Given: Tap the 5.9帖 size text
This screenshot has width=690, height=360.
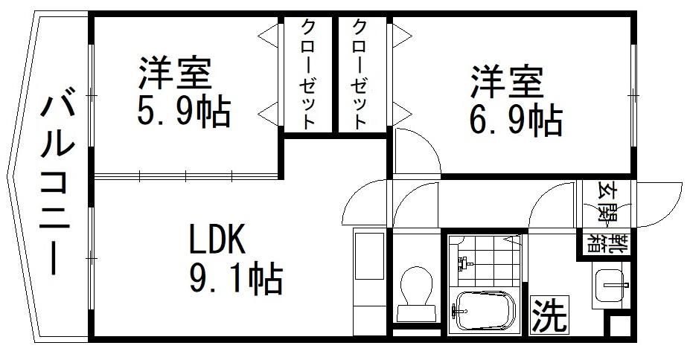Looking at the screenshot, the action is click(x=184, y=112).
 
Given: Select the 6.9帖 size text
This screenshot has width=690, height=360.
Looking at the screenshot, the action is click(x=516, y=120).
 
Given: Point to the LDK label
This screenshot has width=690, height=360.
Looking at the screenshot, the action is click(x=217, y=239).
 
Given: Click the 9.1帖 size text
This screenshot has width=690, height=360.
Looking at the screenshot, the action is click(x=236, y=278).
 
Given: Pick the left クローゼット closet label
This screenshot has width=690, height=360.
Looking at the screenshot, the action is click(x=307, y=74).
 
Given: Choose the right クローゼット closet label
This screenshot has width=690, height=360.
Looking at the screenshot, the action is click(x=360, y=74).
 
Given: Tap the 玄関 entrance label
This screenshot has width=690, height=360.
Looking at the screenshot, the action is click(x=607, y=203).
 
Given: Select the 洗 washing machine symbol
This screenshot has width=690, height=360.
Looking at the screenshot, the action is click(x=549, y=315).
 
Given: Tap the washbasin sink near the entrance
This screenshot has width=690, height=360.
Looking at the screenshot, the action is click(x=610, y=285).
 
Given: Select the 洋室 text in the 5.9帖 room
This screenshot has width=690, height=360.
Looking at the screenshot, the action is click(x=175, y=73).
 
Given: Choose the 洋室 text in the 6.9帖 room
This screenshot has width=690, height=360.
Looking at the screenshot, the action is click(x=507, y=82).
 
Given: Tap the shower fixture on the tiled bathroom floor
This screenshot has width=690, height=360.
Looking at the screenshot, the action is click(x=464, y=263).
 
